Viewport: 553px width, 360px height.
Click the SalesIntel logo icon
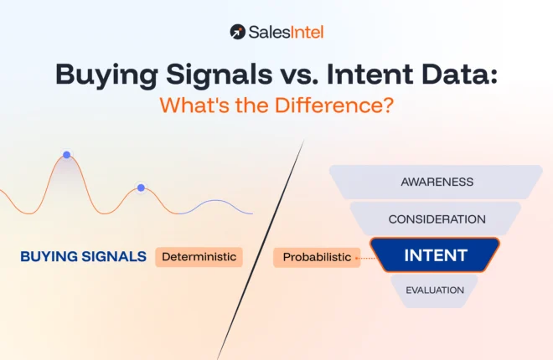tap(238, 32)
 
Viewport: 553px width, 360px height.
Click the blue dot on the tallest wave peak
tap(66, 156)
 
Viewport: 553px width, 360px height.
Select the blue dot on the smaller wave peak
tap(141, 188)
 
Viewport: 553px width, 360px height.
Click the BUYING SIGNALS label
tap(84, 256)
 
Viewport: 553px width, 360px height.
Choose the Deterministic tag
tap(199, 256)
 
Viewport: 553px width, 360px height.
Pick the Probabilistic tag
tap(317, 257)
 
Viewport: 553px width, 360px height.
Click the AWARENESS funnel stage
tap(437, 182)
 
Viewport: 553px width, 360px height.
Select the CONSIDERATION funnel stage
tap(437, 219)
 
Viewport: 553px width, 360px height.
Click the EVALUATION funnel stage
tap(435, 290)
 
